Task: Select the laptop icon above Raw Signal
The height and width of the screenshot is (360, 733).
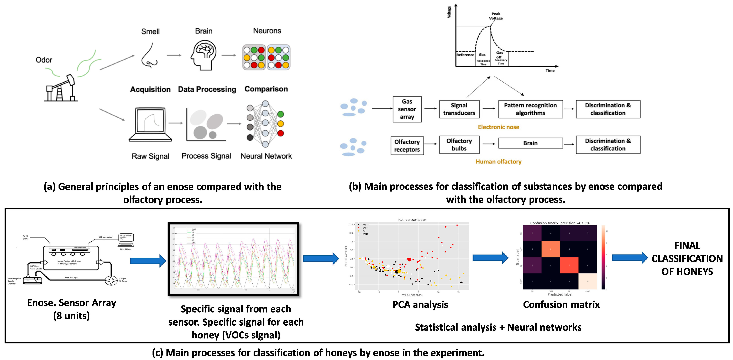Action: pos(150,125)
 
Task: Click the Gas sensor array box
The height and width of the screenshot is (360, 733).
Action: pos(407,109)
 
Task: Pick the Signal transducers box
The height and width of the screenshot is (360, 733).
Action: pos(459,109)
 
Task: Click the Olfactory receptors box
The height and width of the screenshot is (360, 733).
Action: pos(407,146)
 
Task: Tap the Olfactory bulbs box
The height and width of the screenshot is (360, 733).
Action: pos(459,145)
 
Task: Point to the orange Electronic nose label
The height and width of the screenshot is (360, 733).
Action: pos(498,127)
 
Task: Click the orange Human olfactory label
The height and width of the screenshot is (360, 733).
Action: pos(498,162)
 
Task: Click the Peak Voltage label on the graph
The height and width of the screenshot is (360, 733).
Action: pos(496,16)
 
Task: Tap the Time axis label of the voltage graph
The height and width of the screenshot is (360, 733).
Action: pos(550,71)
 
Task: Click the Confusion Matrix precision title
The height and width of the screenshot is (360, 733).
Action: pos(559,223)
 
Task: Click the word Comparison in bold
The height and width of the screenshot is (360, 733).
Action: pos(266,89)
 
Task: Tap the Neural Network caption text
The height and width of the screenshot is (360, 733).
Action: pos(266,156)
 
